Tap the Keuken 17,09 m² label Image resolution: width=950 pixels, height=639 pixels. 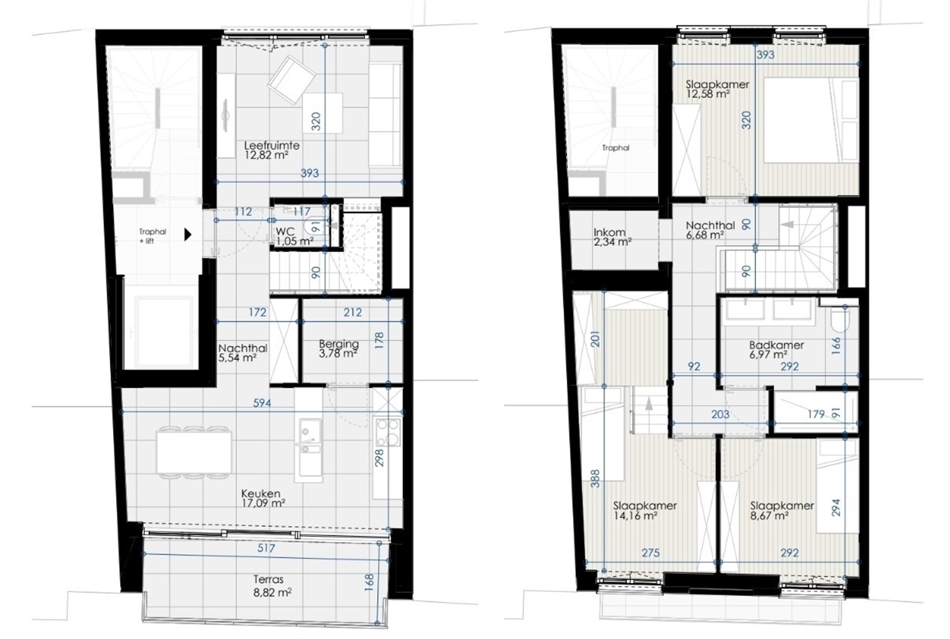(263, 498)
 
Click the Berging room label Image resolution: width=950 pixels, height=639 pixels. (338, 348)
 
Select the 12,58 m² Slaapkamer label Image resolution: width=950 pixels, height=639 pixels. (717, 89)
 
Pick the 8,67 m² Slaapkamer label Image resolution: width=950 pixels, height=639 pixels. (782, 510)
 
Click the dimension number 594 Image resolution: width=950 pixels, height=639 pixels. (262, 403)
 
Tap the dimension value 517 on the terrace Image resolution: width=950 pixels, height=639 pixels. (266, 548)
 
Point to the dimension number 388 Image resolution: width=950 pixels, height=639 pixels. (595, 478)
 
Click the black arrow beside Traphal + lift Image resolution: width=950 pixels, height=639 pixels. (188, 234)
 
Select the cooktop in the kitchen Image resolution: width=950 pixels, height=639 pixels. (388, 432)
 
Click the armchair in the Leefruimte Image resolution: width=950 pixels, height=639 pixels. (290, 80)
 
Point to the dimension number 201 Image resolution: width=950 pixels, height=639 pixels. (595, 338)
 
